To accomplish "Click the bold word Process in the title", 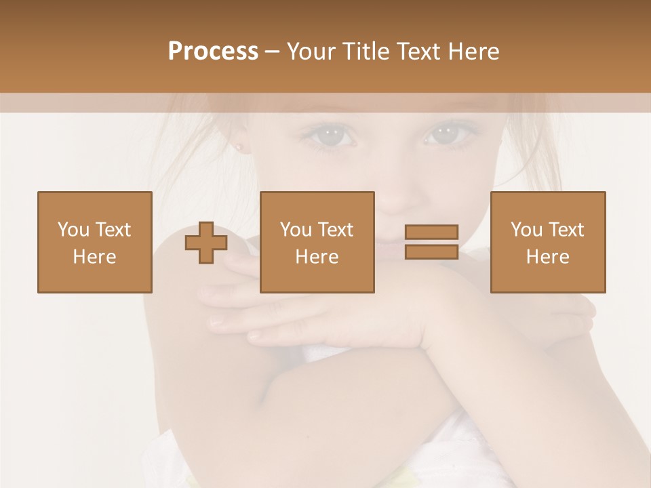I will click(213, 52).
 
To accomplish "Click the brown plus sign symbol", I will click(206, 242).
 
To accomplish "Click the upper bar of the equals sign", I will click(431, 232).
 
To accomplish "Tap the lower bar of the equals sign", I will click(431, 252).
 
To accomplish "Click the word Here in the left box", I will click(95, 257).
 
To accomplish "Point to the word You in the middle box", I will click(296, 230).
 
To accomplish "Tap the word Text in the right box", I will click(566, 230).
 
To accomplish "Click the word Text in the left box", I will click(113, 230).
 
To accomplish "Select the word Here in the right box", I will click(548, 257).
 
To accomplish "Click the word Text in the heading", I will click(416, 52).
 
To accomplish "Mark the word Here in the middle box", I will click(317, 257).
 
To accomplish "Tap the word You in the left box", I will click(73, 230).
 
